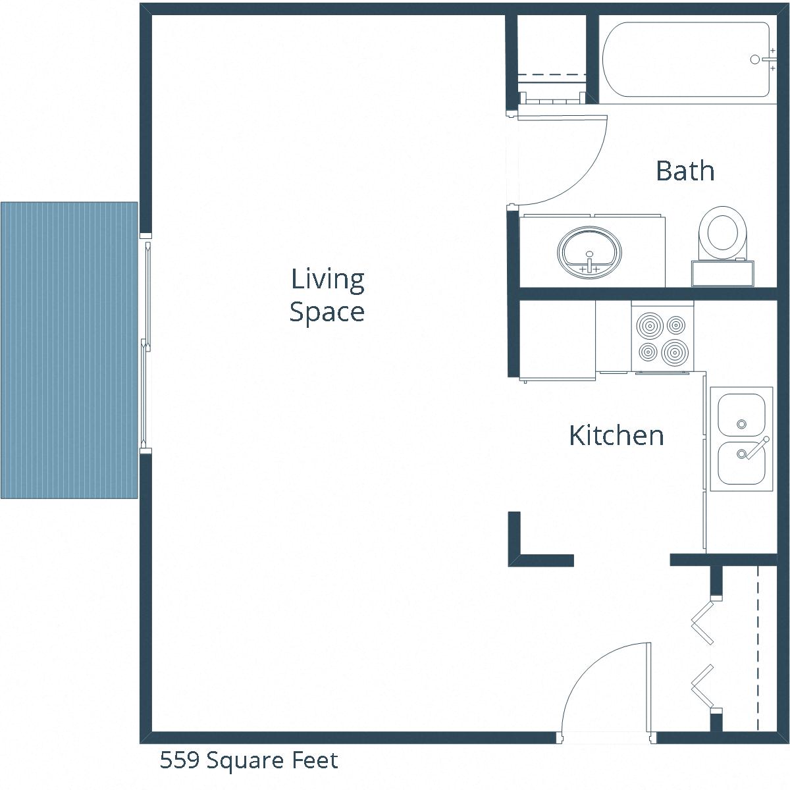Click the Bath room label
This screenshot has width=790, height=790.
685,171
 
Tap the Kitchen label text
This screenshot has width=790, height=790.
616,436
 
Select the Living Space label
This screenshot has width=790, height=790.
327,296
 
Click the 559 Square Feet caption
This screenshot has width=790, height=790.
249,761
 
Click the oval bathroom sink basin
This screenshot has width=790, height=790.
589,251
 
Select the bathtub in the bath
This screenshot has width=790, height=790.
685,60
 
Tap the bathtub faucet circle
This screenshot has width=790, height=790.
755,59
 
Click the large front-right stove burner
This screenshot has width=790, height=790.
675,352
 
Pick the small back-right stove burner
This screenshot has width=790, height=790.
675,325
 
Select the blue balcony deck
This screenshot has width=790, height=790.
69,350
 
